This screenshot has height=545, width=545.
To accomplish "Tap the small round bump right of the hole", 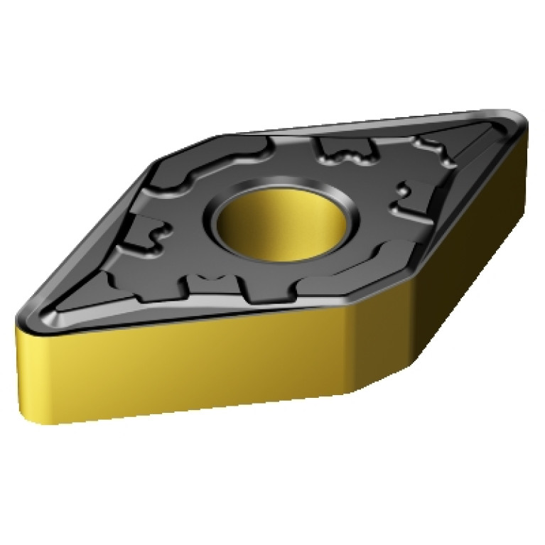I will pos(401,190).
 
